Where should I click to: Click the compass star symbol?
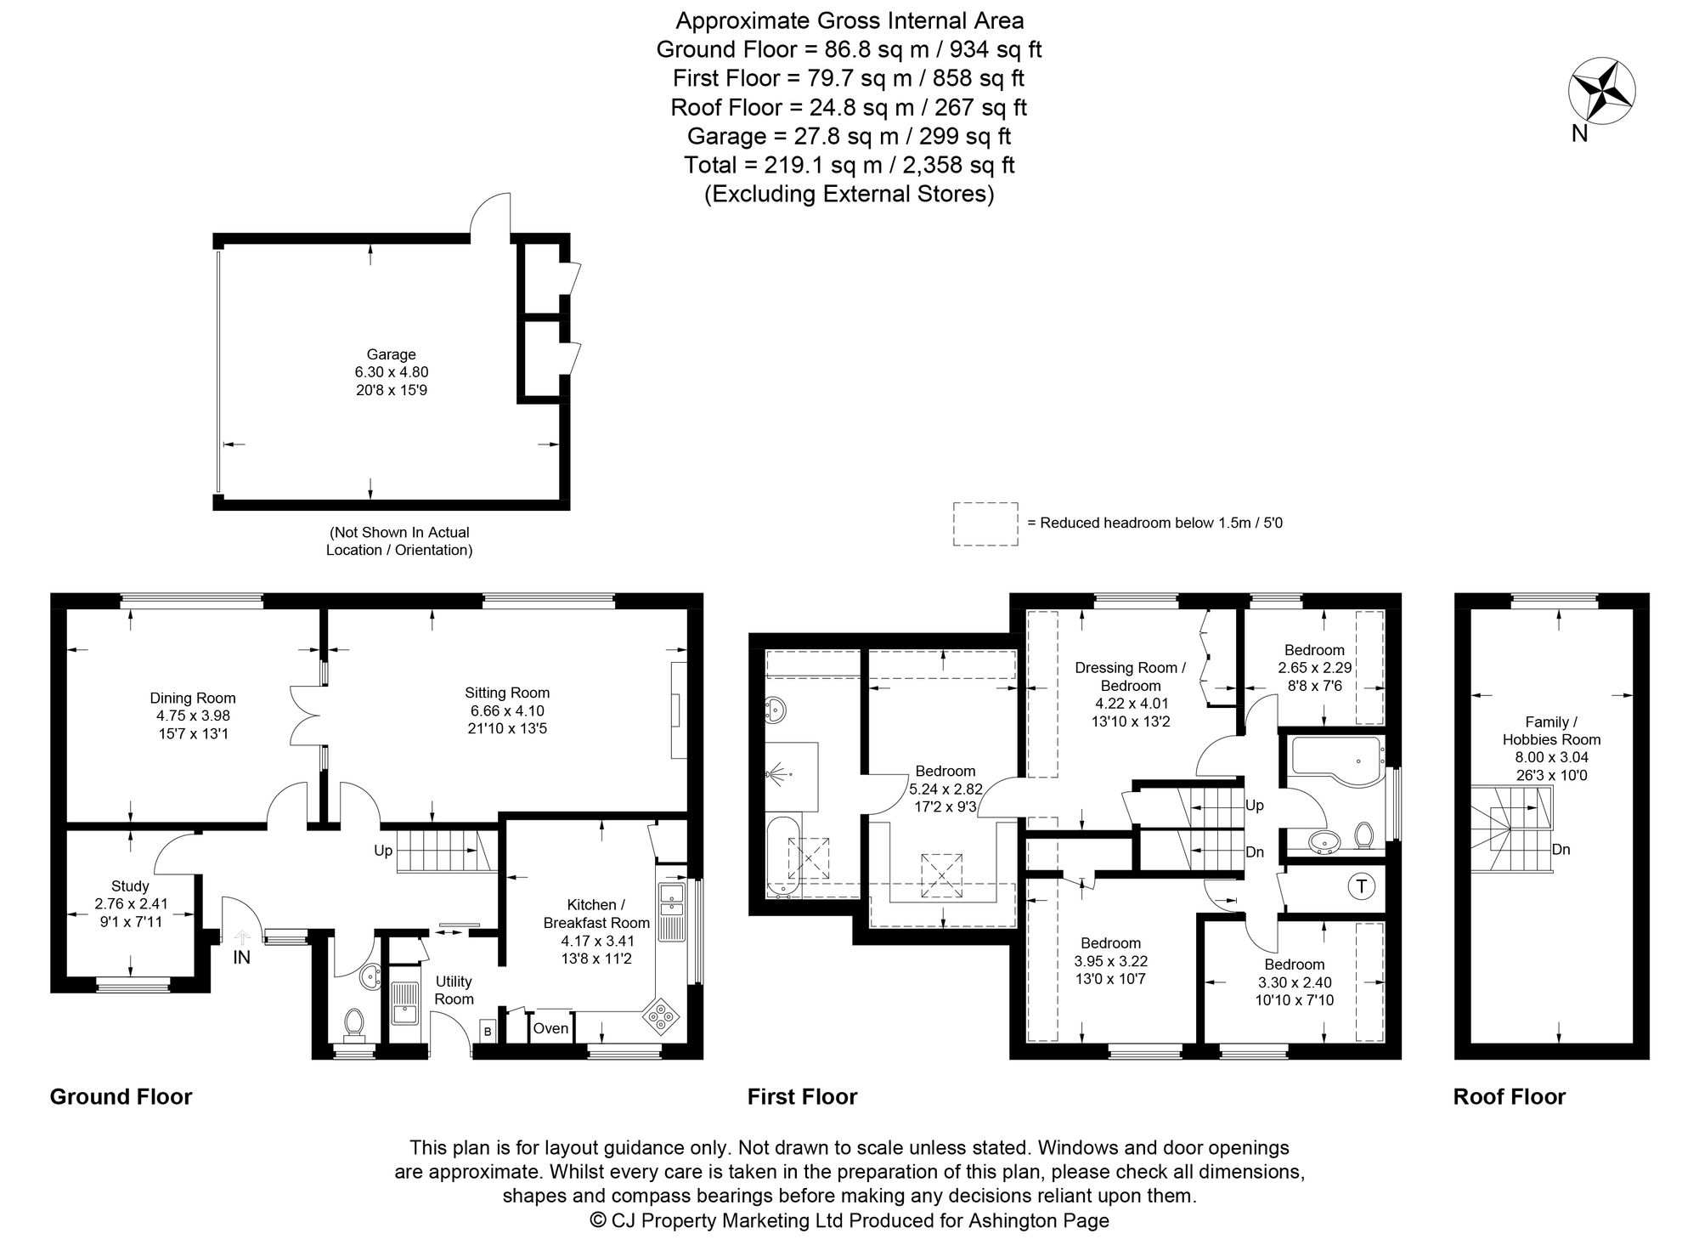coord(1601,91)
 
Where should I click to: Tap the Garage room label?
coord(391,354)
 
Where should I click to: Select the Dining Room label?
coord(193,699)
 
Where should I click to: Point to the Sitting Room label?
coord(507,693)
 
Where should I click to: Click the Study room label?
coord(130,886)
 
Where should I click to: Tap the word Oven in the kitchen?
coord(550,1028)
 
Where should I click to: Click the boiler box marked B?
coord(488,1031)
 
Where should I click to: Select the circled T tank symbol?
coord(1361,887)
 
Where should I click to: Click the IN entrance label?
coord(242,958)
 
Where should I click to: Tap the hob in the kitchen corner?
coord(661,1015)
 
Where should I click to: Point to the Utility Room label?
coord(454,991)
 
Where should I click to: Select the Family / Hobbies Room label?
coord(1551,731)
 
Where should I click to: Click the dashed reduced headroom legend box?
coord(985,523)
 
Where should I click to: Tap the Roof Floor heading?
coord(1510,1097)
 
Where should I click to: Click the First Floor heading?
coord(802,1097)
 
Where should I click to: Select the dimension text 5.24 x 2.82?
coord(945,789)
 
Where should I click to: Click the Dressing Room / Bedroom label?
coord(1131,676)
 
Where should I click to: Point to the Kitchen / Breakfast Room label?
coord(596,914)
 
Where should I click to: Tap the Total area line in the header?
coord(849,165)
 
